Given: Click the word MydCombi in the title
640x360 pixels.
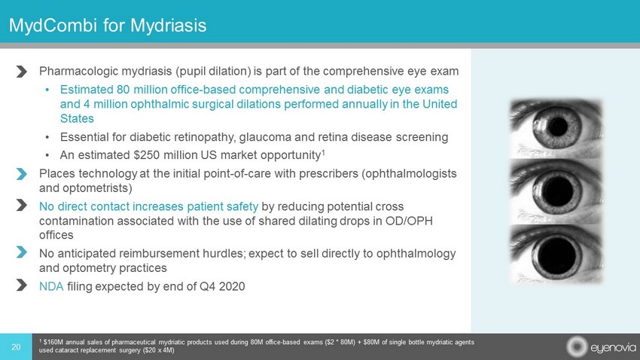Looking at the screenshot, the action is [x=53, y=26].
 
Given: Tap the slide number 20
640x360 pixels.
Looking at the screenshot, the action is [x=16, y=347].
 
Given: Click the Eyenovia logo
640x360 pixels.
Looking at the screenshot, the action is [x=601, y=347].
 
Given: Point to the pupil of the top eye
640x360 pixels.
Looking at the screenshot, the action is [x=557, y=127].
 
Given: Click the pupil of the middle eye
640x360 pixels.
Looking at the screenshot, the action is [x=556, y=191].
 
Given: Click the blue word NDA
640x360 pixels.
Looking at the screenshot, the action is [x=51, y=286].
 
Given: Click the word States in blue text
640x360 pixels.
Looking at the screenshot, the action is [x=77, y=118].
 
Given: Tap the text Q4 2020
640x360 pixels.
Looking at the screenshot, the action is [x=222, y=286].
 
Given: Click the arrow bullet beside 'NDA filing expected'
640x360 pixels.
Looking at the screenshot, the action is [x=22, y=285].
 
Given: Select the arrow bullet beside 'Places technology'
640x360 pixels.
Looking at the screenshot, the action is [x=22, y=174].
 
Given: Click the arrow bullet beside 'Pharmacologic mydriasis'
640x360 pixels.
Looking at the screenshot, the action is [x=22, y=72].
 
